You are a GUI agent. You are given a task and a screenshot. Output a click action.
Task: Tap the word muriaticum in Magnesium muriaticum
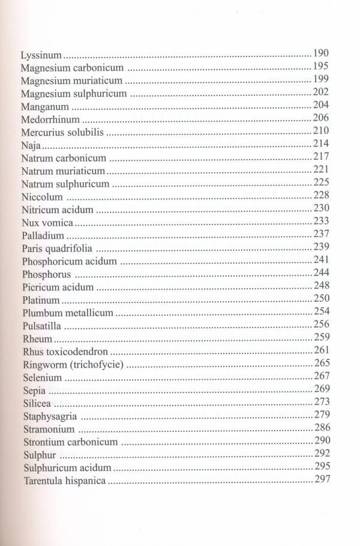tap(98, 80)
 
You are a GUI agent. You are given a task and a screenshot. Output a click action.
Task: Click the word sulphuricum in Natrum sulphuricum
tap(81, 184)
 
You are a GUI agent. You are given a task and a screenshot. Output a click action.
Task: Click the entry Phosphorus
tap(46, 275)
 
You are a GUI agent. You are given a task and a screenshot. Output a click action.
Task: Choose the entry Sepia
tap(34, 392)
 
